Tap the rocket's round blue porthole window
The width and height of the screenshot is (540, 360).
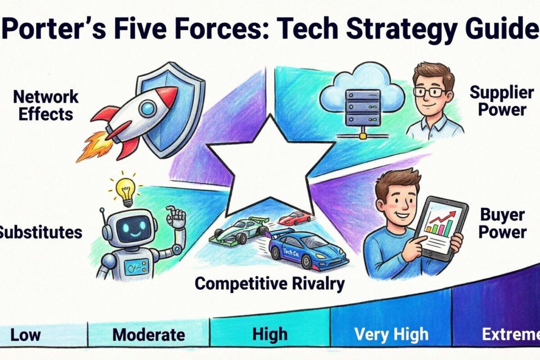pos(147,108)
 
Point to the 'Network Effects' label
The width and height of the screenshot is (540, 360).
pos(45,105)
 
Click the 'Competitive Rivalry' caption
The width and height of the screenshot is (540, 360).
pos(270,283)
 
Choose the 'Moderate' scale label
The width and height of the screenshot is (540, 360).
pos(148,335)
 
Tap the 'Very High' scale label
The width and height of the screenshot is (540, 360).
pos(391,334)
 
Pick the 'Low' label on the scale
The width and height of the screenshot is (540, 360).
pos(25,335)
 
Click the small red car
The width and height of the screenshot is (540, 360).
pos(295,218)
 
